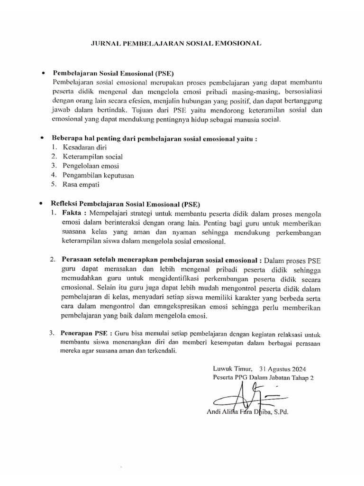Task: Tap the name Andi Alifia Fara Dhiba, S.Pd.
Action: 248,412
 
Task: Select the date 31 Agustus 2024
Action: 283,368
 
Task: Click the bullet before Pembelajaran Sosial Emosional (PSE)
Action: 43,74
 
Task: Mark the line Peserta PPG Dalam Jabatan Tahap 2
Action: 264,378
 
